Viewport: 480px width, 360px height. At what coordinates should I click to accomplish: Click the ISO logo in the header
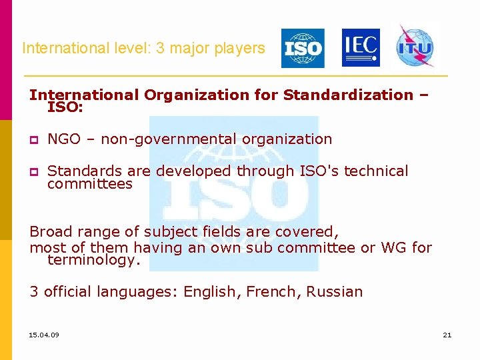pos(303,48)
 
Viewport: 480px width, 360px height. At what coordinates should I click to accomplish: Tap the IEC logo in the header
pos(361,47)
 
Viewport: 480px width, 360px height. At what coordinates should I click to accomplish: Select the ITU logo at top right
pos(415,47)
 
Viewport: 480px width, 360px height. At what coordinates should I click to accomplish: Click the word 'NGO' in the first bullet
pos(63,139)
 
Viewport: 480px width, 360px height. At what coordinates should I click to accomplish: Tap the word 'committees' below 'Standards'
pos(90,184)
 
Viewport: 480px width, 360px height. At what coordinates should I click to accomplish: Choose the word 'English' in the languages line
pos(209,292)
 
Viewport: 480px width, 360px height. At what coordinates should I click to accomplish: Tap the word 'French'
pos(271,291)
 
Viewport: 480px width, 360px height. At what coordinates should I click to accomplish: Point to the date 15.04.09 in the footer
pos(44,335)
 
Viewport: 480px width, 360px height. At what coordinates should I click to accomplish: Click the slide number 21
pos(447,335)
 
